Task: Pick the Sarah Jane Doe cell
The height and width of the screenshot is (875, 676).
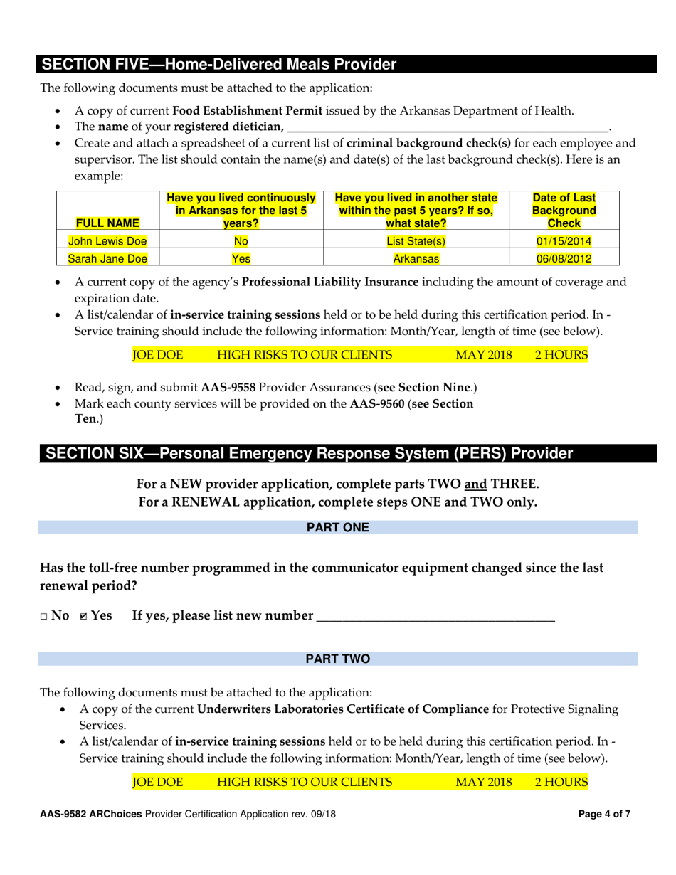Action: (x=98, y=259)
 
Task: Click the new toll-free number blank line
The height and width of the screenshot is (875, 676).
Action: (x=434, y=616)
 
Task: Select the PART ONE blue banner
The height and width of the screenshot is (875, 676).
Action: (x=338, y=527)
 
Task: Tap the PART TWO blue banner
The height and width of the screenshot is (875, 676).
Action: (x=338, y=659)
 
